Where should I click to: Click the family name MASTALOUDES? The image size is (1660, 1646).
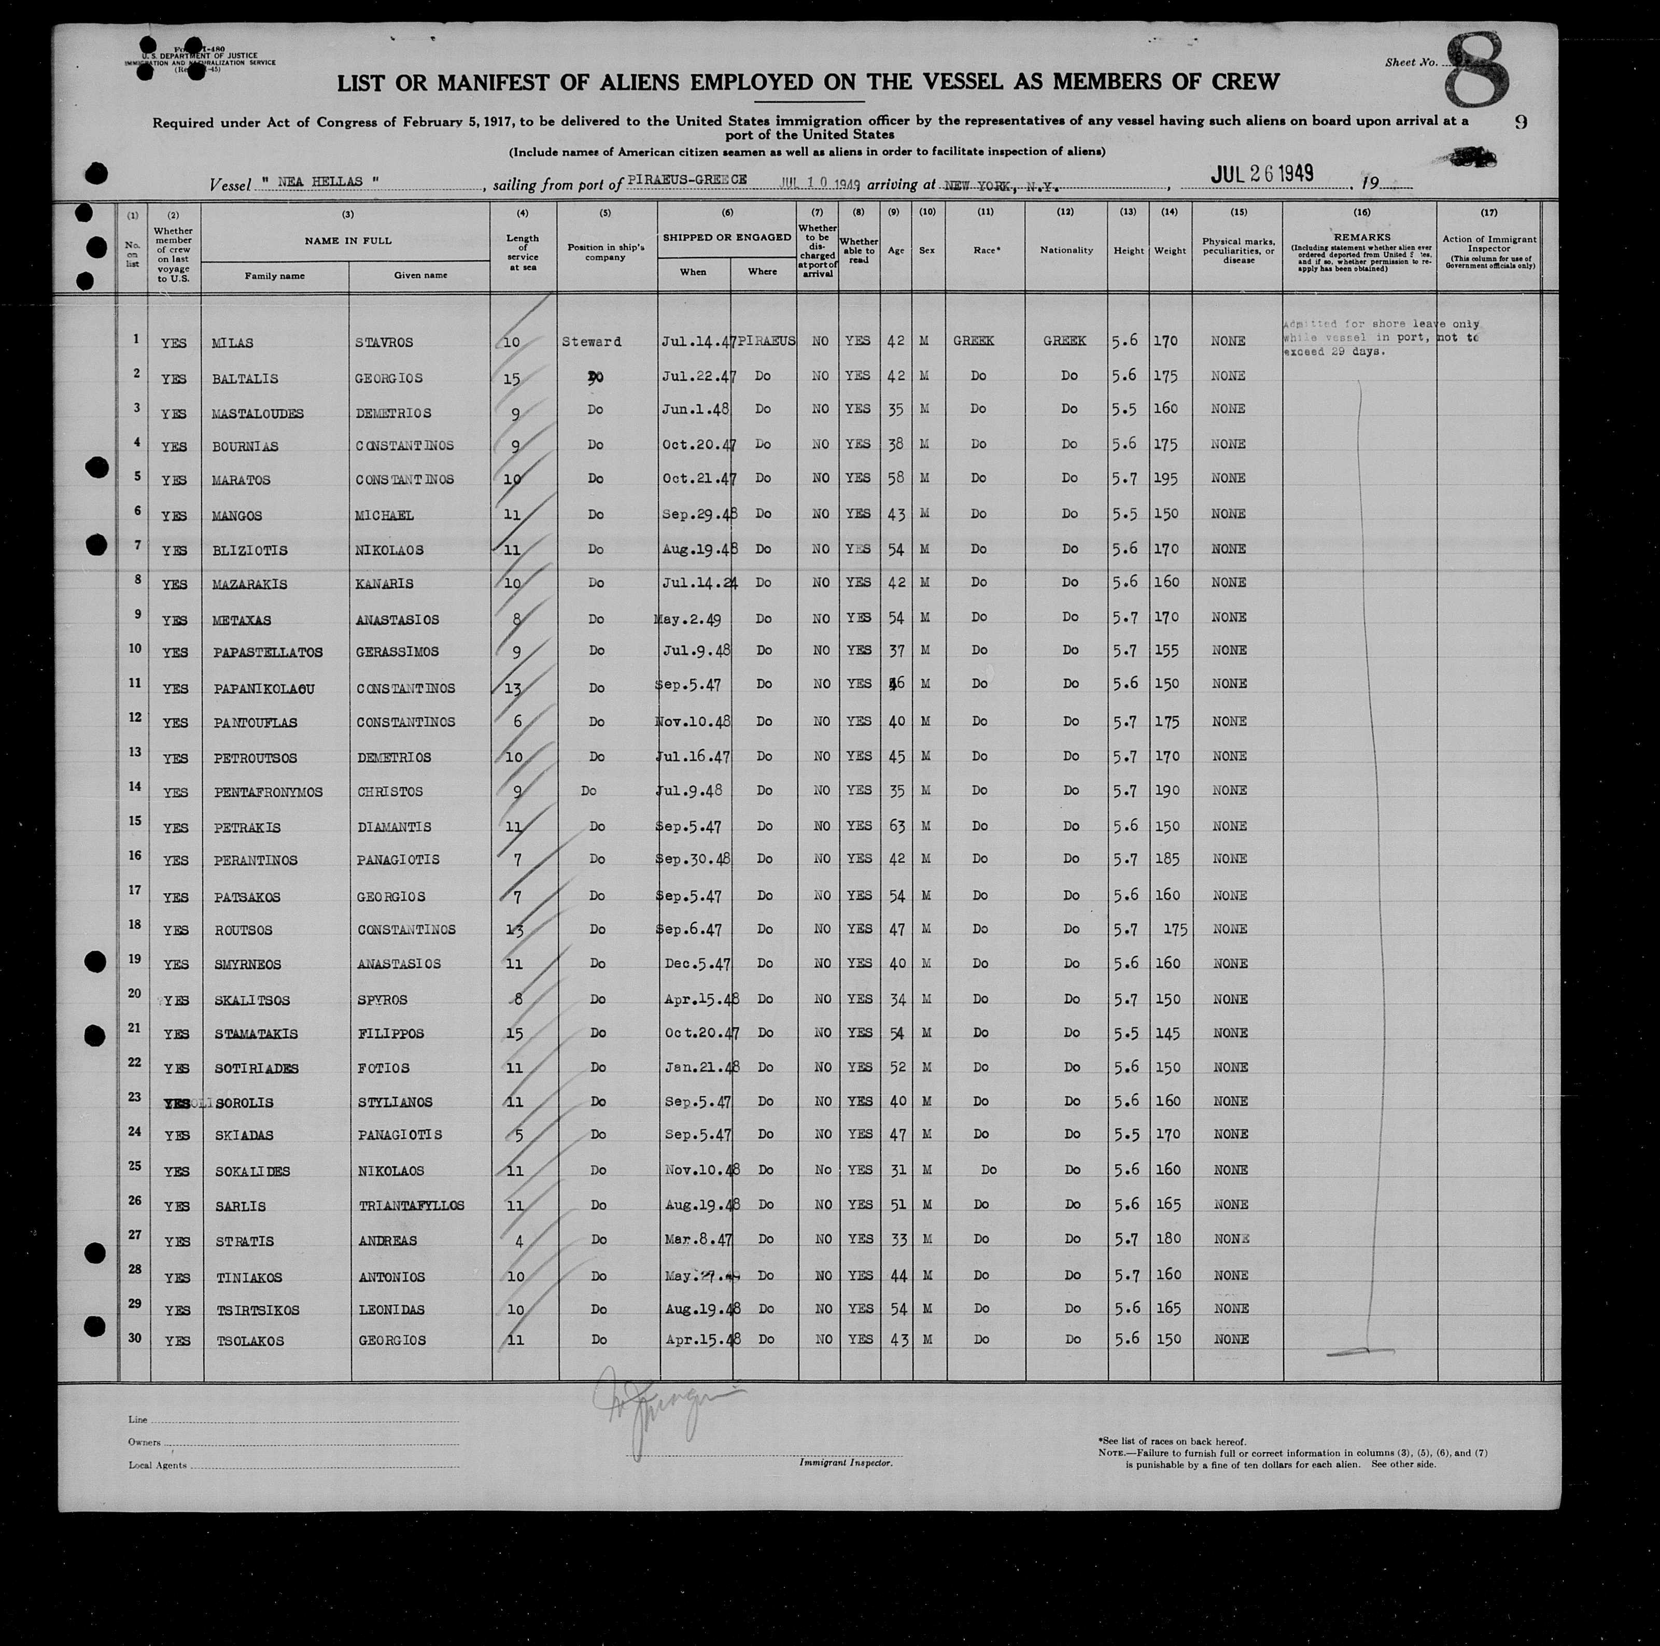(x=257, y=413)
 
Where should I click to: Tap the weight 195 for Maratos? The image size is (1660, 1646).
(x=1166, y=479)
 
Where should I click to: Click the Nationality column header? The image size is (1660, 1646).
(x=1065, y=250)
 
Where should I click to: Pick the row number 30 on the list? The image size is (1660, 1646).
(x=135, y=1338)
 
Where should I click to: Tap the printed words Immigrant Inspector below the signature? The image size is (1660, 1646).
(x=846, y=1462)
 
